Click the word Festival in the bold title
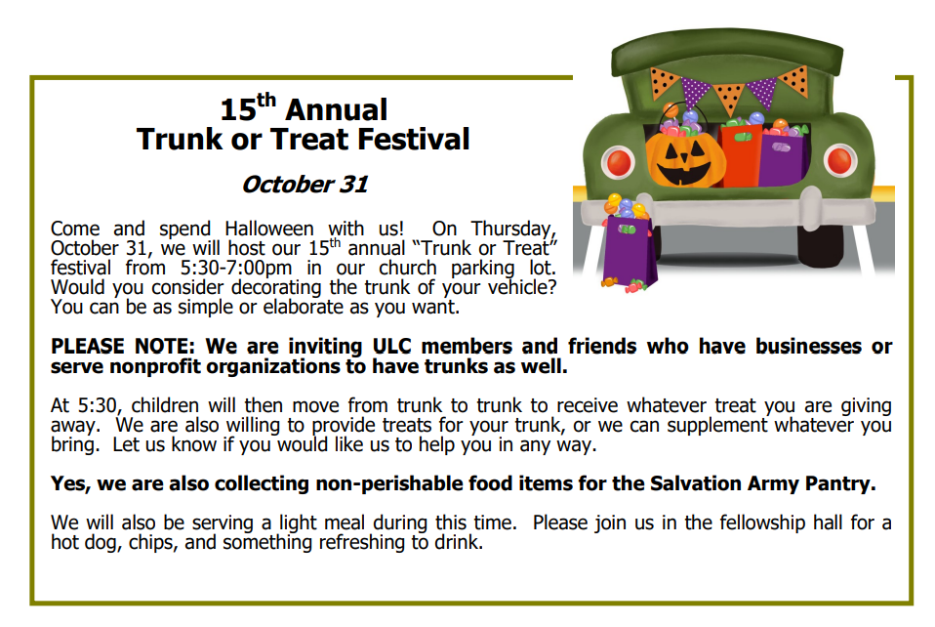[x=413, y=139]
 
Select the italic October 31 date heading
[x=305, y=185]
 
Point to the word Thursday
[x=513, y=230]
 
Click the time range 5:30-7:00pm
[x=236, y=268]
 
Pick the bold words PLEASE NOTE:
[x=123, y=346]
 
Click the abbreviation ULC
[x=391, y=346]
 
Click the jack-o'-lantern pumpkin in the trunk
[x=686, y=159]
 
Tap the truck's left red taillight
[x=619, y=162]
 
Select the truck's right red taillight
[x=840, y=160]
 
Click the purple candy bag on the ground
[x=630, y=252]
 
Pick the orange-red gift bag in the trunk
[x=740, y=154]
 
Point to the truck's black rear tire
[x=821, y=244]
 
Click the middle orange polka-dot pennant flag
[x=728, y=98]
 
